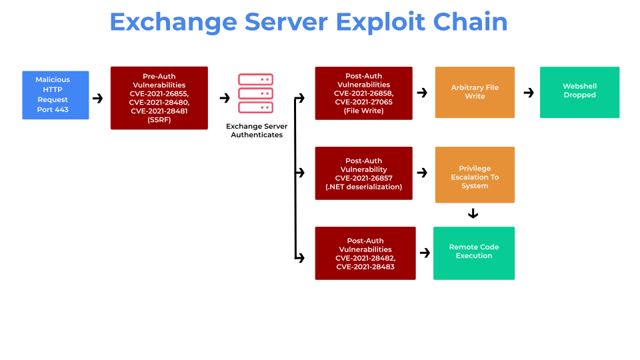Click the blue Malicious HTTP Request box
pos(55,95)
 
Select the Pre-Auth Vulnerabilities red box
pos(159,97)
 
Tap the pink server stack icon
pos(255,93)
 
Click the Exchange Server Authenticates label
pos(257,130)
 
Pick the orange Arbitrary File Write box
pos(475,92)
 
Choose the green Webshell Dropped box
pos(579,92)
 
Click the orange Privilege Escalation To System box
pos(475,175)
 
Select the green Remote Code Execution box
pos(473,253)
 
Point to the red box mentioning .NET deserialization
pos(363,173)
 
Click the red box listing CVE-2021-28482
pos(365,253)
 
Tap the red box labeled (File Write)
pos(363,93)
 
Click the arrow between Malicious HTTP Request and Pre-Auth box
pos(98,99)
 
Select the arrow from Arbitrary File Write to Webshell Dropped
pos(529,93)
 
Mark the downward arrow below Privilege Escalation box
pos(473,214)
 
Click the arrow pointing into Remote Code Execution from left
pos(424,253)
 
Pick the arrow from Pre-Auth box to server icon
pos(225,98)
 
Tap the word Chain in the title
pos(470,22)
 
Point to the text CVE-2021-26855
pos(159,93)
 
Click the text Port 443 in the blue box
pos(53,109)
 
